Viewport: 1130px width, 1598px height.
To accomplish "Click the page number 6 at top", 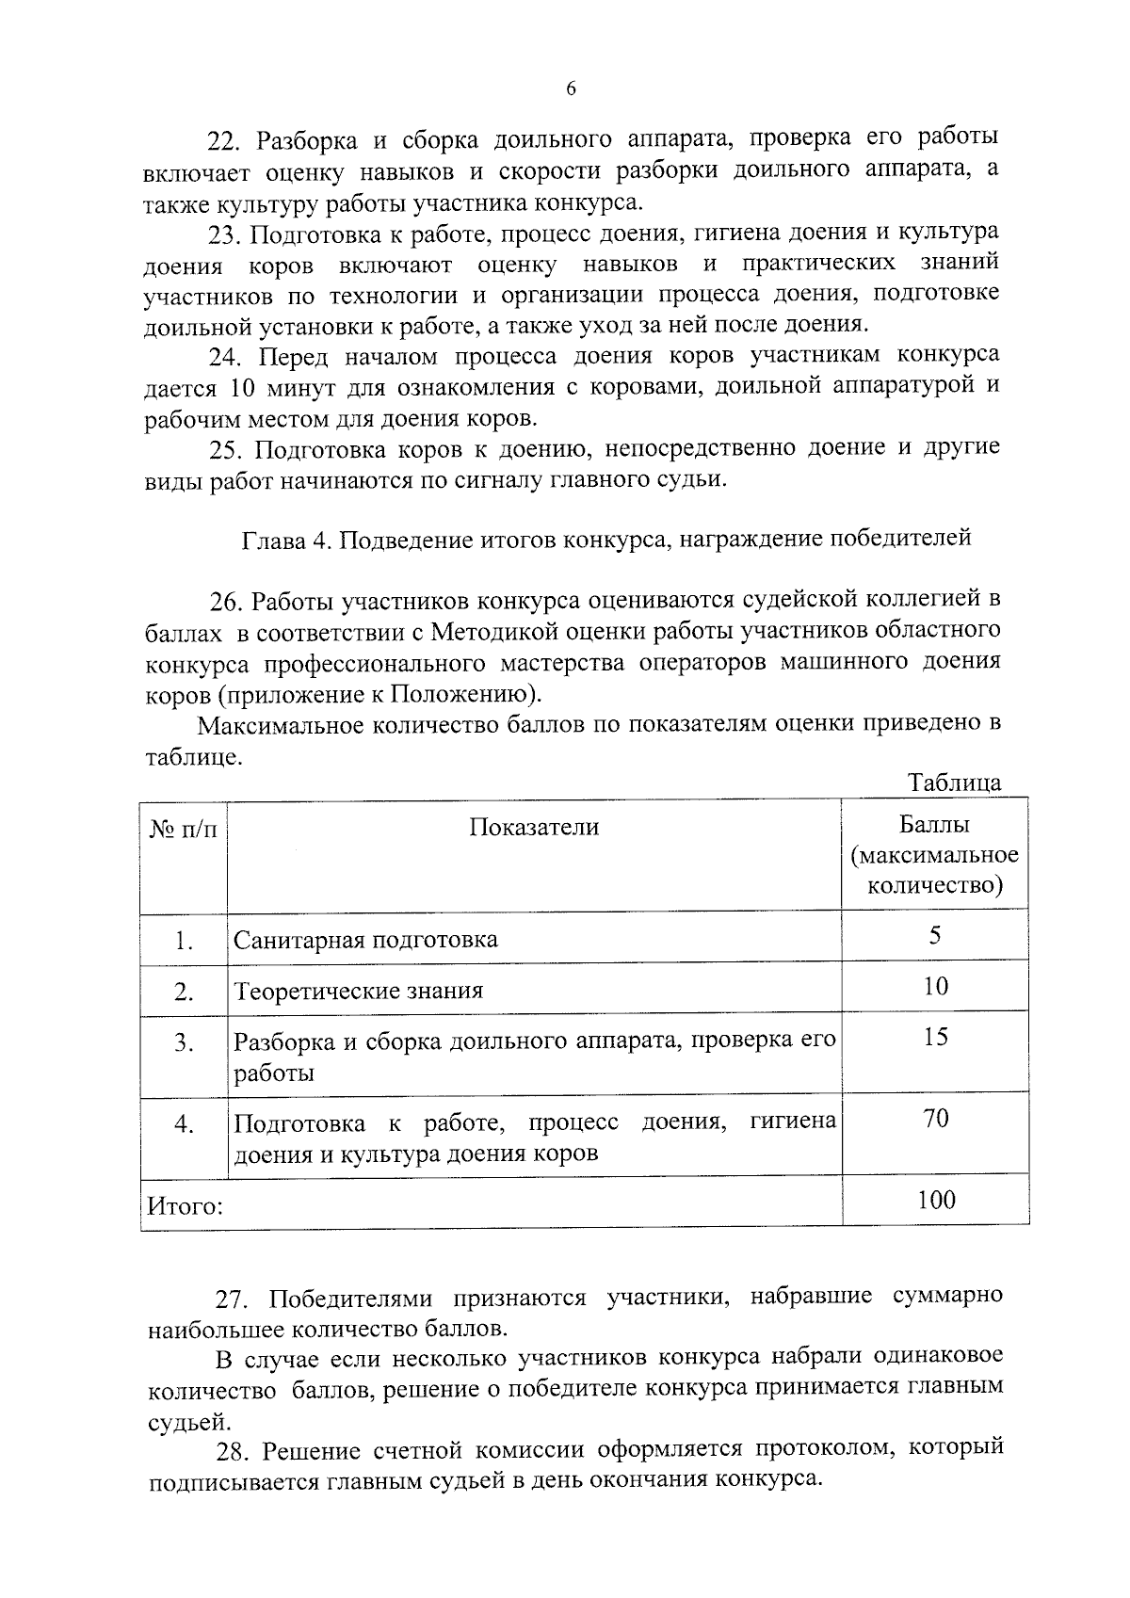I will tap(571, 89).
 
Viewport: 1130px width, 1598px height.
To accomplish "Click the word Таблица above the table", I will tap(954, 783).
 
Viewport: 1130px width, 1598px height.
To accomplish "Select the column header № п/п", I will tap(183, 828).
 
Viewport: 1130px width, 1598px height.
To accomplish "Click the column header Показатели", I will tap(534, 827).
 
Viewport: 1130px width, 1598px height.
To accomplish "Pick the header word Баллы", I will tap(934, 826).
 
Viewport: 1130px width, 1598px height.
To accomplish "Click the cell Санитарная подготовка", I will tap(365, 940).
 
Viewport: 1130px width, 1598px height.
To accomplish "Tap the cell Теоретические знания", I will tap(358, 991).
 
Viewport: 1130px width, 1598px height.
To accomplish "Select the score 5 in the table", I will tap(934, 935).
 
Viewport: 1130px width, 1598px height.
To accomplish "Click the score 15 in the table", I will tap(935, 1037).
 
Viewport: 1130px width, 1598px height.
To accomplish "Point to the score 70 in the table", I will tap(935, 1118).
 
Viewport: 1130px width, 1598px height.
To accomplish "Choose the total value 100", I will tap(935, 1199).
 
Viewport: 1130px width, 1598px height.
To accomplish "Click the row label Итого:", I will tap(185, 1206).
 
